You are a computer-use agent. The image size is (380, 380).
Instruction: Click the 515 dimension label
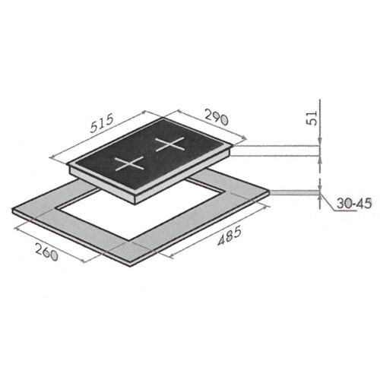pos(102,124)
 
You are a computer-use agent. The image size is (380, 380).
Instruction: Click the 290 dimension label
pos(217,117)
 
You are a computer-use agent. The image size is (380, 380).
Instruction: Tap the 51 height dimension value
pos(313,118)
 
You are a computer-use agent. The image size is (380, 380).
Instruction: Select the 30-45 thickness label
pos(354,204)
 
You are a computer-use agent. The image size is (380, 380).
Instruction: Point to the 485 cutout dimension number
pos(230,236)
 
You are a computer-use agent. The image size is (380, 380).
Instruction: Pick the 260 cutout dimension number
pos(46,252)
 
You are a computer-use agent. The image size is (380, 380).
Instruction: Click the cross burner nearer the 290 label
pos(169,144)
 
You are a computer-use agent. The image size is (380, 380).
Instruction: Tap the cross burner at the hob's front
pos(129,164)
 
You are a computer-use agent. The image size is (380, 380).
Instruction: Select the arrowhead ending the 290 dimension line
pos(244,138)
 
